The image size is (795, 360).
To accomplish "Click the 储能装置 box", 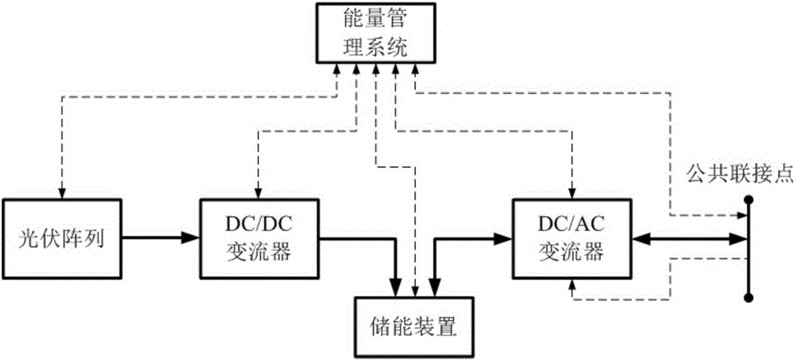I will pyautogui.click(x=416, y=325).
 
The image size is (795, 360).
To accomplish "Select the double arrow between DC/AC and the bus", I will pyautogui.click(x=688, y=236).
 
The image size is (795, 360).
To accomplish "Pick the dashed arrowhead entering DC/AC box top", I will pyautogui.click(x=572, y=191).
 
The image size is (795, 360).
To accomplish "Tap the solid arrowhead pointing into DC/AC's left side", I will pyautogui.click(x=505, y=236).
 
